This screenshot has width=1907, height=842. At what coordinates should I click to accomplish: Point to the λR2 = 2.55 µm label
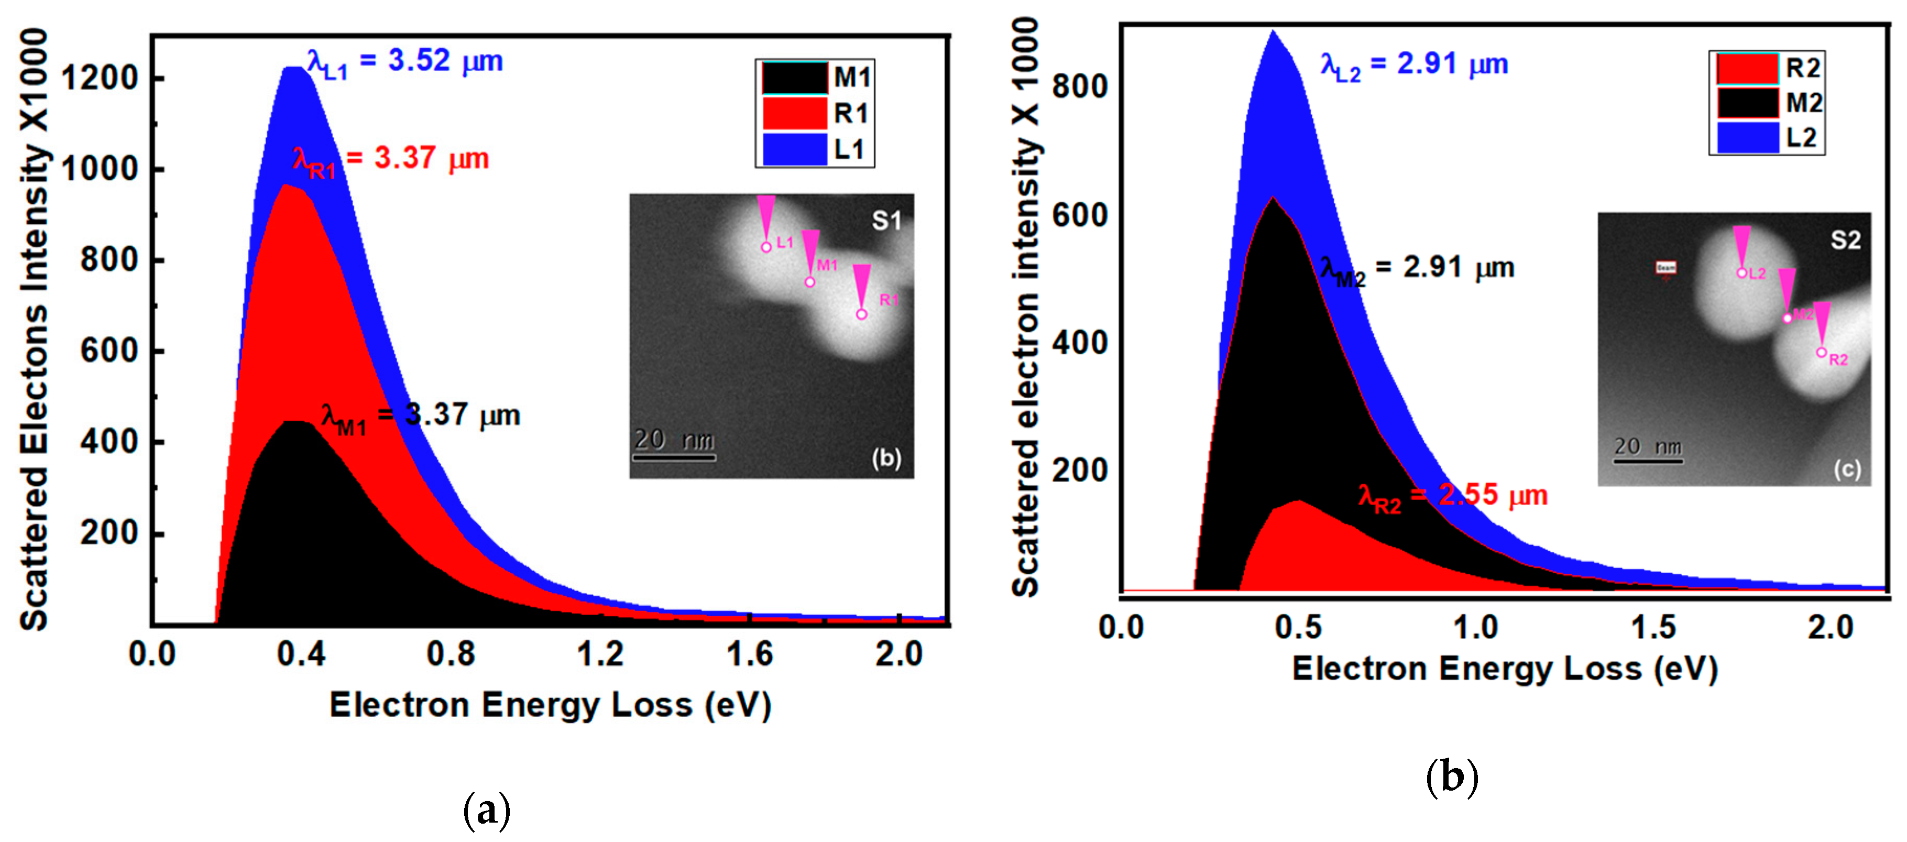pyautogui.click(x=1452, y=496)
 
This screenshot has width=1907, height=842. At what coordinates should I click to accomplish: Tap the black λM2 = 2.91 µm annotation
pyautogui.click(x=1417, y=269)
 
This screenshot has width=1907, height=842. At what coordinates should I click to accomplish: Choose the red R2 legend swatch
pyautogui.click(x=1747, y=69)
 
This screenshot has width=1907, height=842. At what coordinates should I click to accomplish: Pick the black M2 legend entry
pyautogui.click(x=1769, y=103)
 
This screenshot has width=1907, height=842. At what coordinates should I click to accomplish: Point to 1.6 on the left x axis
pyautogui.click(x=749, y=654)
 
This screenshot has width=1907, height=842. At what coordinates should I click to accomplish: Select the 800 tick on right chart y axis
pyautogui.click(x=1079, y=86)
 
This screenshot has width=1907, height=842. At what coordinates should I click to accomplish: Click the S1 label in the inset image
pyautogui.click(x=885, y=221)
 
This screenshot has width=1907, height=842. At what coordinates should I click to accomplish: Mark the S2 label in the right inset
pyautogui.click(x=1845, y=240)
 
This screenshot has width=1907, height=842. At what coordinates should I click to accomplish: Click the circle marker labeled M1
pyautogui.click(x=810, y=282)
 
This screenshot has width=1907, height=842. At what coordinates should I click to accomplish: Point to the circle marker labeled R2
pyautogui.click(x=1821, y=353)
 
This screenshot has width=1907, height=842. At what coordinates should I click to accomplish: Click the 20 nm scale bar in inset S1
pyautogui.click(x=674, y=457)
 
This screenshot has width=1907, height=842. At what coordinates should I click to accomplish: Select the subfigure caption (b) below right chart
pyautogui.click(x=1451, y=777)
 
